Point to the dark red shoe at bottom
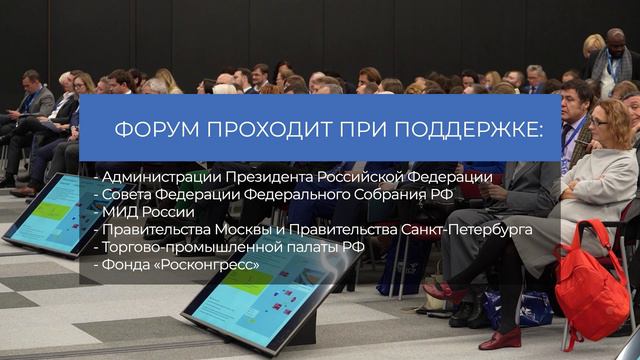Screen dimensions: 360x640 pyautogui.click(x=500, y=340)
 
